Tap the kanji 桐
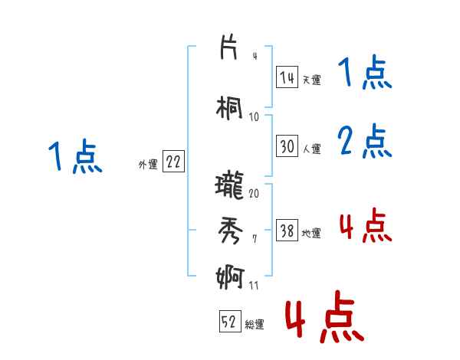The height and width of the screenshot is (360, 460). tap(230, 107)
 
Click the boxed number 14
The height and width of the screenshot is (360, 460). tap(287, 77)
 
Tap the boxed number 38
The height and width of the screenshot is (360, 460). tap(287, 231)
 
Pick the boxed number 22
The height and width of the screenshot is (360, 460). tap(173, 162)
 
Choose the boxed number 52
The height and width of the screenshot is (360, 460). tap(229, 322)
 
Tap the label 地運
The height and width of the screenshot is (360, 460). tap(311, 233)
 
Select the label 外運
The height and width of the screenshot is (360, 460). tap(148, 164)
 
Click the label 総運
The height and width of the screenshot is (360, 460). tap(255, 325)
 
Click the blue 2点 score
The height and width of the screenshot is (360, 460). tap(365, 140)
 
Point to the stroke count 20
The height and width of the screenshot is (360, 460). tap(254, 193)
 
